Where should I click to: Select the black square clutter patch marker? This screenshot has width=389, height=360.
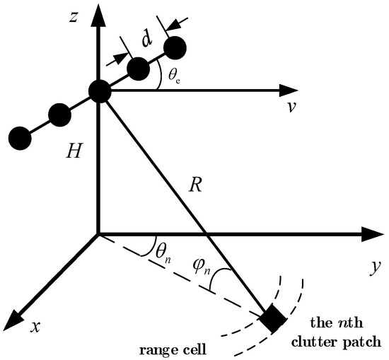[273, 319]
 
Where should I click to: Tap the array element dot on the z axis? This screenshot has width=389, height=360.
[99, 91]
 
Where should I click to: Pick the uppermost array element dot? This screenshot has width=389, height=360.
[175, 47]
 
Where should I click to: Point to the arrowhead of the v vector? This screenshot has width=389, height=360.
[288, 91]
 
